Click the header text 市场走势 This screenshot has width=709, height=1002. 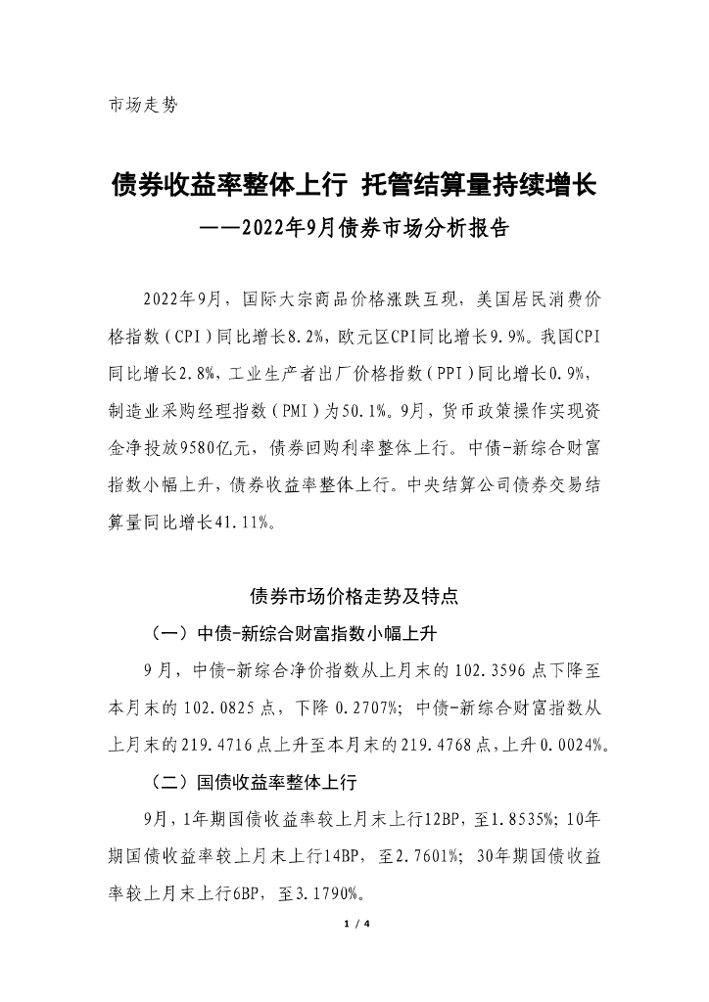click(143, 105)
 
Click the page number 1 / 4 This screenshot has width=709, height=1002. click(354, 924)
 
